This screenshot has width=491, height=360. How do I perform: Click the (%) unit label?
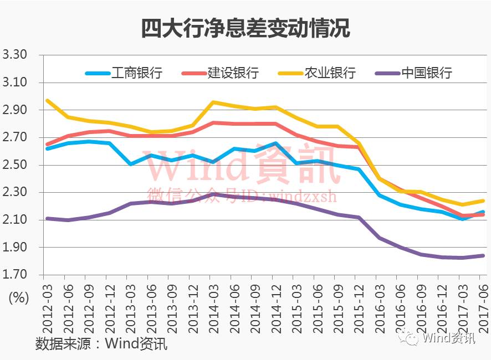pos(18,297)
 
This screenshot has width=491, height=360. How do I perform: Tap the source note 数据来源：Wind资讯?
pos(101,343)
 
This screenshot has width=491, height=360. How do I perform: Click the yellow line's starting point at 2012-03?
pos(47,100)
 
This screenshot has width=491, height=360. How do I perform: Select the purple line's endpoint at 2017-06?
pos(483,255)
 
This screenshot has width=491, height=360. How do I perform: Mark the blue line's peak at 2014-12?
pos(275,143)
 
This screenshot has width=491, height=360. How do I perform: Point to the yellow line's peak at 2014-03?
pos(213,102)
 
